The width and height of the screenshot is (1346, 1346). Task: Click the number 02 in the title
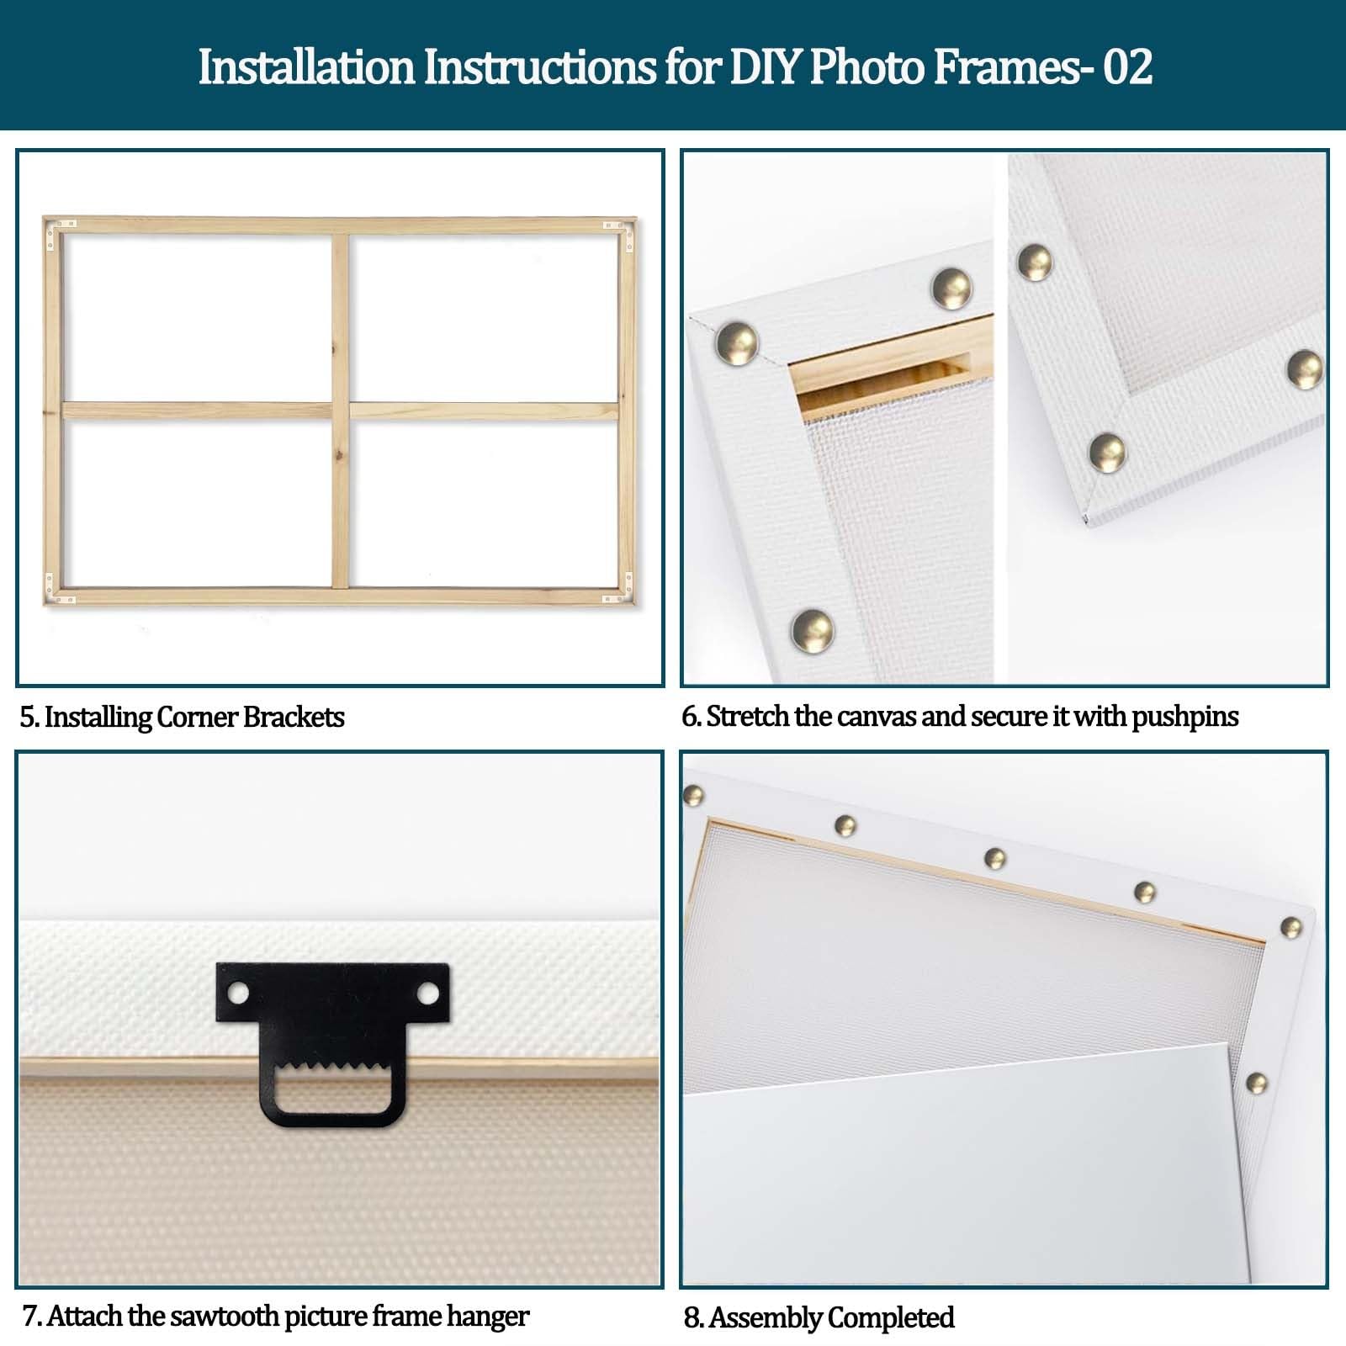[x=1127, y=66]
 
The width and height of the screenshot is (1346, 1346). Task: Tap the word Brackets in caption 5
[x=294, y=717]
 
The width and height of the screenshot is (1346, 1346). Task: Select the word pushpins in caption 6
[x=1185, y=718]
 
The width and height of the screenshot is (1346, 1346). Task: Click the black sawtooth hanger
[x=333, y=1043]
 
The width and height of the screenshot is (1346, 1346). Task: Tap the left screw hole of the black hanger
[x=239, y=994]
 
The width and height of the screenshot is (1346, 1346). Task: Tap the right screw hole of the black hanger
[x=428, y=994]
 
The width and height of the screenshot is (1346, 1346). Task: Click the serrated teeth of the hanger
[x=333, y=1072]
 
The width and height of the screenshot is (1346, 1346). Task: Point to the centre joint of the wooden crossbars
[x=340, y=411]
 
